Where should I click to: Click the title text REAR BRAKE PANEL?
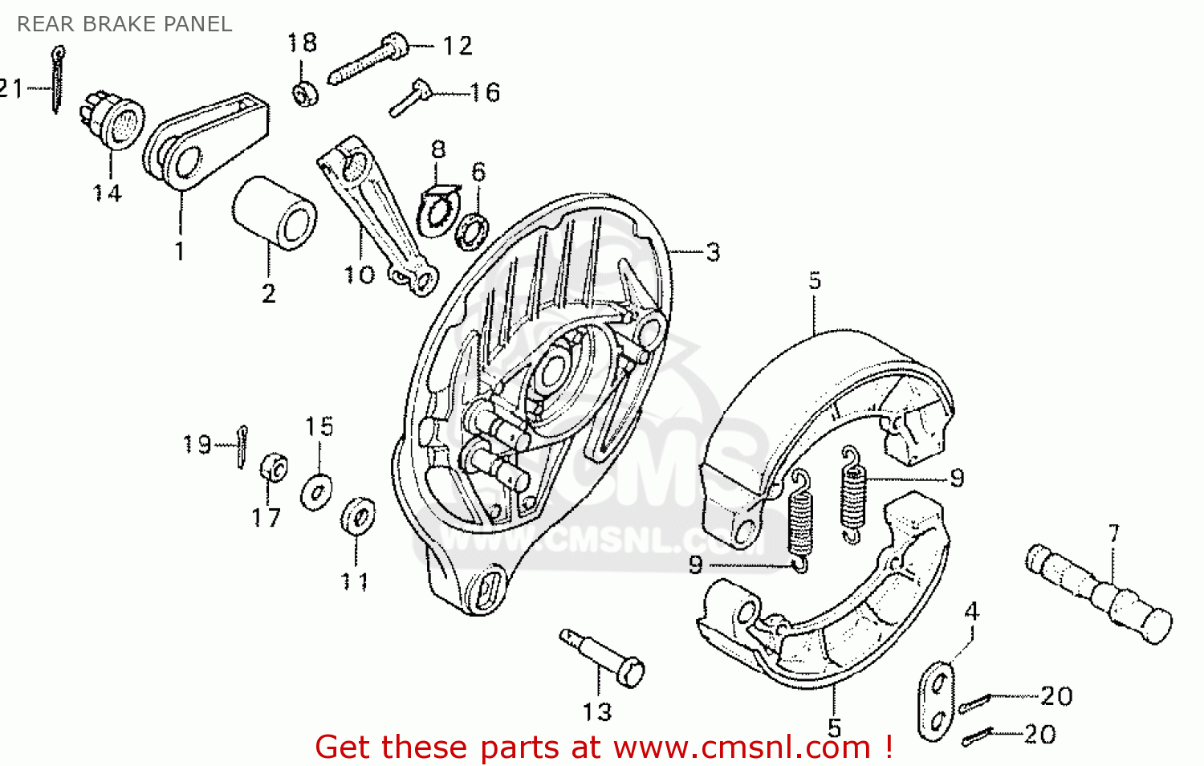point(124,24)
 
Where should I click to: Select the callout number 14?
point(107,194)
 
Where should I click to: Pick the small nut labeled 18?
point(305,94)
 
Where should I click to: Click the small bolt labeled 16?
point(410,98)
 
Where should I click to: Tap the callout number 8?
point(438,149)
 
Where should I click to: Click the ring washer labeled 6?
point(471,230)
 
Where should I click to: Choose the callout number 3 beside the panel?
point(713,252)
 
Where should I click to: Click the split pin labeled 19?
point(242,446)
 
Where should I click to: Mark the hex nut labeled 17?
point(274,468)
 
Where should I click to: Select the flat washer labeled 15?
point(317,491)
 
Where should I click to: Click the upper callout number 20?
point(1056,696)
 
